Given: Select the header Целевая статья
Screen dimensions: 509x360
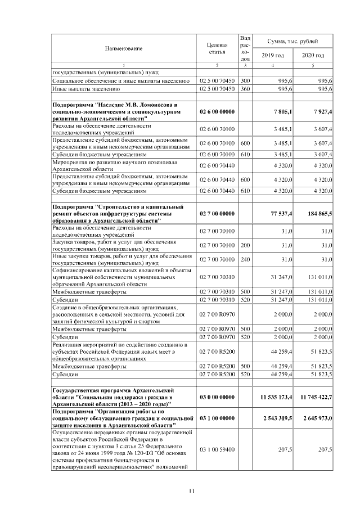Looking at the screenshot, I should (217, 48).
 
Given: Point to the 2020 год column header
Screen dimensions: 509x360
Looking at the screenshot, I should (313, 55).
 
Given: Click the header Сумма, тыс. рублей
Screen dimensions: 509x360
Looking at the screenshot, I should (292, 42).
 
